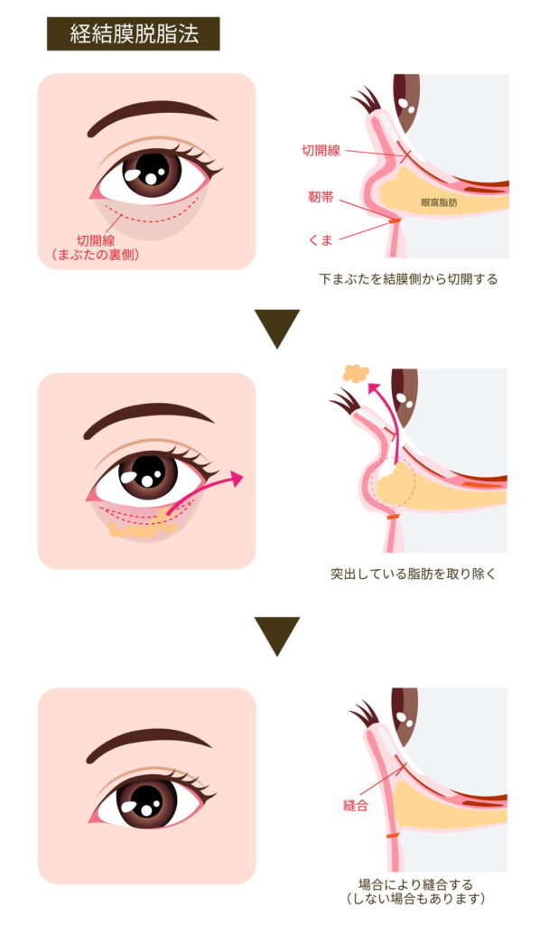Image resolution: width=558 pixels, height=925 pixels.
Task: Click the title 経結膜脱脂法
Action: (134, 34)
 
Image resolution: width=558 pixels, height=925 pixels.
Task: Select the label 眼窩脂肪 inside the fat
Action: (439, 204)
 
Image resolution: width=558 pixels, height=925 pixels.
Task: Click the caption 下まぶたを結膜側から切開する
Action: (408, 279)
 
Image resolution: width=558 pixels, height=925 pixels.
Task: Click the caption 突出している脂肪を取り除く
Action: (414, 574)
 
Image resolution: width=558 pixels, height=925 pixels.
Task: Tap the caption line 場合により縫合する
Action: (415, 884)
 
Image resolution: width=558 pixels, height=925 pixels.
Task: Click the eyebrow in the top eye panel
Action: (153, 115)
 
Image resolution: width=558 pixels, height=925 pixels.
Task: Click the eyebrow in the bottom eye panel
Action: (153, 742)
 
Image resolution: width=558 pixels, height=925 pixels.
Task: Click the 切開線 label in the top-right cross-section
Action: (321, 151)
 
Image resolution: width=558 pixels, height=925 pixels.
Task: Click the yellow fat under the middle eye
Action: (135, 528)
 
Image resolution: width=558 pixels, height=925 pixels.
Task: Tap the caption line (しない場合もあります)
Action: (415, 899)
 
